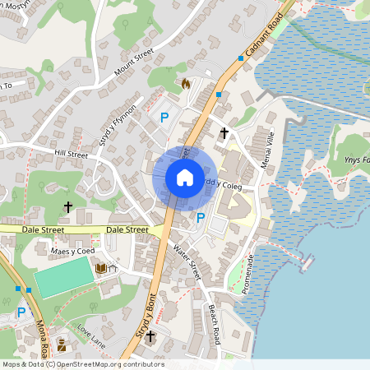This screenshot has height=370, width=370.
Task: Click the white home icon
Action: pyautogui.click(x=185, y=178)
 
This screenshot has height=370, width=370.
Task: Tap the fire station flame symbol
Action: pyautogui.click(x=185, y=83)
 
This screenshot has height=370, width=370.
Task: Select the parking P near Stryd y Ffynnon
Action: pyautogui.click(x=164, y=118)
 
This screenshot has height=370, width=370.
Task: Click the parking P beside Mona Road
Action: pyautogui.click(x=21, y=312)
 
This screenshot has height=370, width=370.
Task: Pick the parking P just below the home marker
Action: pyautogui.click(x=201, y=218)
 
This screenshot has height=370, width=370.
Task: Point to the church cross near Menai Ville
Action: pyautogui.click(x=224, y=132)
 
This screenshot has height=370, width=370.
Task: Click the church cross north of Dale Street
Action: pyautogui.click(x=68, y=206)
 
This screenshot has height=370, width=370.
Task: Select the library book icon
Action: pyautogui.click(x=100, y=268)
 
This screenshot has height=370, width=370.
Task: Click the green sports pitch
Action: pyautogui.click(x=65, y=277)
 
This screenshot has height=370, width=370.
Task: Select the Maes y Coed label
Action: pyautogui.click(x=73, y=250)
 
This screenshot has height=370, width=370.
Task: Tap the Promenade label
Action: pyautogui.click(x=249, y=273)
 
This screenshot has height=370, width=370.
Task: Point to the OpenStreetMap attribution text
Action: pyautogui.click(x=82, y=364)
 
